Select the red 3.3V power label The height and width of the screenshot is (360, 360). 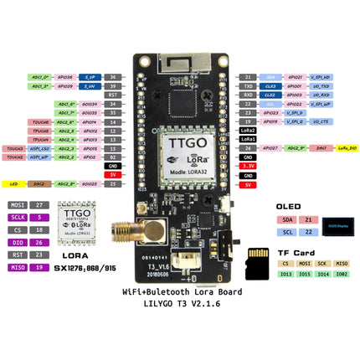pyautogui.click(x=248, y=167)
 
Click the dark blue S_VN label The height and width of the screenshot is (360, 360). pyautogui.click(x=89, y=85)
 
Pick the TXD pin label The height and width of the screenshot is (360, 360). pyautogui.click(x=248, y=85)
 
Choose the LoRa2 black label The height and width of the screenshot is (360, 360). pyautogui.click(x=248, y=131)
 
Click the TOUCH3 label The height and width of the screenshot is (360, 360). pyautogui.click(x=14, y=148)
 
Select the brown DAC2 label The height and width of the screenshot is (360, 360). pyautogui.click(x=39, y=183)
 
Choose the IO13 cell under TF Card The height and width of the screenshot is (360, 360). pyautogui.click(x=286, y=272)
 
